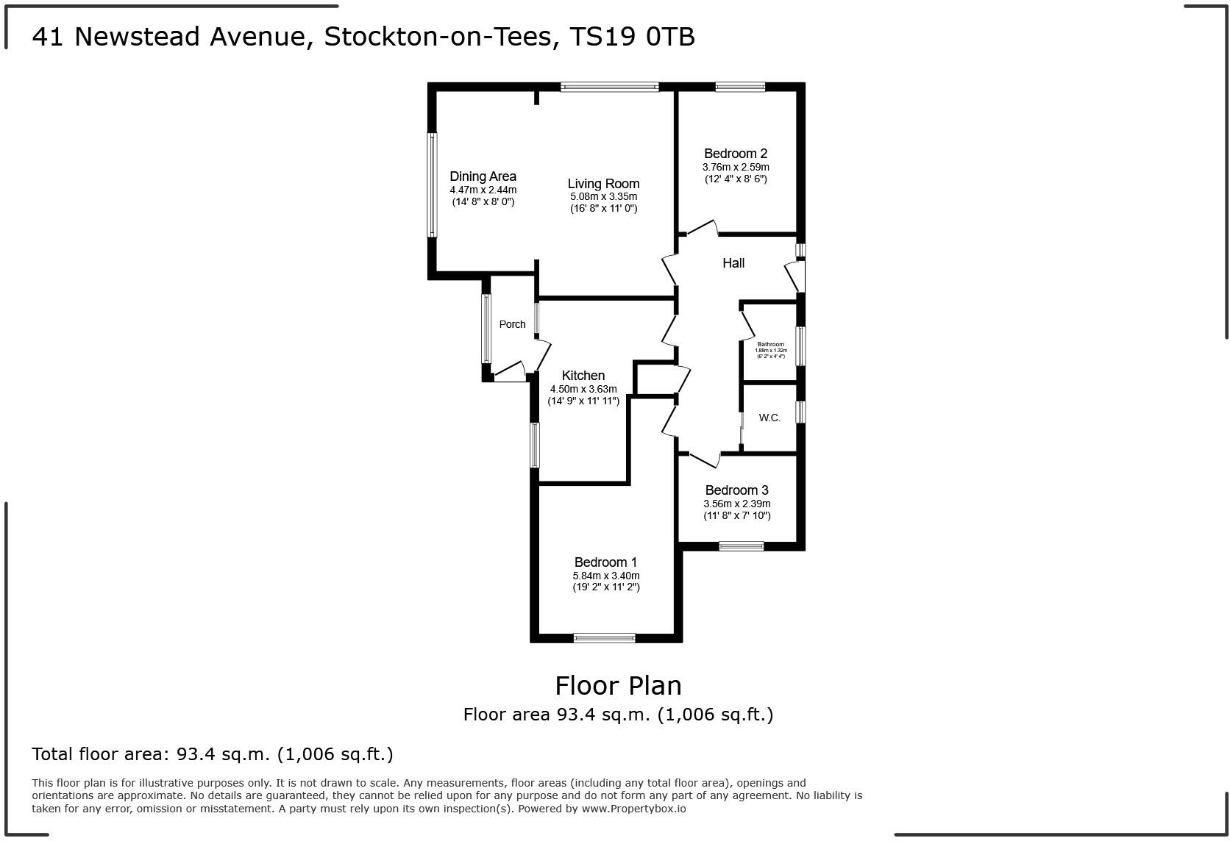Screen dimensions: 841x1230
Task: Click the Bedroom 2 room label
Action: (735, 154)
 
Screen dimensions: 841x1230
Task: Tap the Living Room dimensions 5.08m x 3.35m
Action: (603, 197)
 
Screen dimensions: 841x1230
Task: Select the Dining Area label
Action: (483, 176)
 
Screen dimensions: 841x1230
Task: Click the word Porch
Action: (512, 324)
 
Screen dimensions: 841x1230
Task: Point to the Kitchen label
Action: (583, 376)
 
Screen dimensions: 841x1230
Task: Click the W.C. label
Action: (769, 418)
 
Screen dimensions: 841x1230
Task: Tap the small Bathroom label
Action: (771, 344)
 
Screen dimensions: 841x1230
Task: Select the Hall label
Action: (733, 263)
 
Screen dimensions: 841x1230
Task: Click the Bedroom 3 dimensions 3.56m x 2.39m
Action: (736, 504)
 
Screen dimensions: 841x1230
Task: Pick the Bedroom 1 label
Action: (605, 562)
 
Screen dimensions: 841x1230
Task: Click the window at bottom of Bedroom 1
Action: (604, 637)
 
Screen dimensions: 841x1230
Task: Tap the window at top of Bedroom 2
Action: (739, 87)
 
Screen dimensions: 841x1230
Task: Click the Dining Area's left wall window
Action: (433, 185)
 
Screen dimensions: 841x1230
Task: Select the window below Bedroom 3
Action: (741, 545)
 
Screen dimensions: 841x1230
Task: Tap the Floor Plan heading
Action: (618, 685)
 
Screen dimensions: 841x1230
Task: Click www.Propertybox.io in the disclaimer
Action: (633, 809)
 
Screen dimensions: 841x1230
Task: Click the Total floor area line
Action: (213, 754)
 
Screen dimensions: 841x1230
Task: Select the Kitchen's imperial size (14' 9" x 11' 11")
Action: (583, 401)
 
